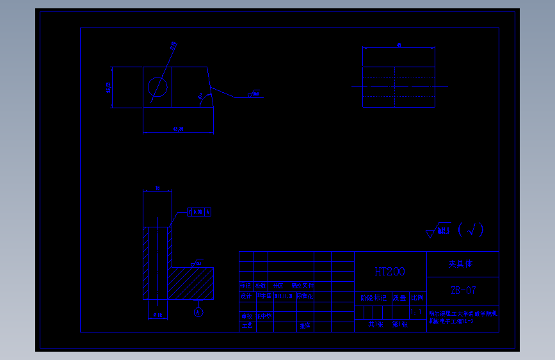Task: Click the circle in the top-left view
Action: [x=157, y=87]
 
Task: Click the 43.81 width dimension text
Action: [x=178, y=129]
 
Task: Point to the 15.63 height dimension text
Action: [x=108, y=87]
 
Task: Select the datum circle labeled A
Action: [x=199, y=313]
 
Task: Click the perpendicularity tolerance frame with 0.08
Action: [x=198, y=211]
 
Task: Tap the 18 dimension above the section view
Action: [x=157, y=188]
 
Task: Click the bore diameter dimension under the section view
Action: [x=156, y=315]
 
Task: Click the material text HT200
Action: [x=390, y=272]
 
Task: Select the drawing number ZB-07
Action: [x=463, y=290]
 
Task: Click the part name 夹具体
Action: [x=461, y=263]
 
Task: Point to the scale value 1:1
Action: [x=417, y=313]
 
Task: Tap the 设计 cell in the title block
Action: [x=246, y=296]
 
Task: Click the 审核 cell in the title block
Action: [x=246, y=316]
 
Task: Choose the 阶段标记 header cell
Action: [x=373, y=298]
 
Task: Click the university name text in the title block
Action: [x=462, y=316]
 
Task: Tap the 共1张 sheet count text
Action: [x=374, y=325]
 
